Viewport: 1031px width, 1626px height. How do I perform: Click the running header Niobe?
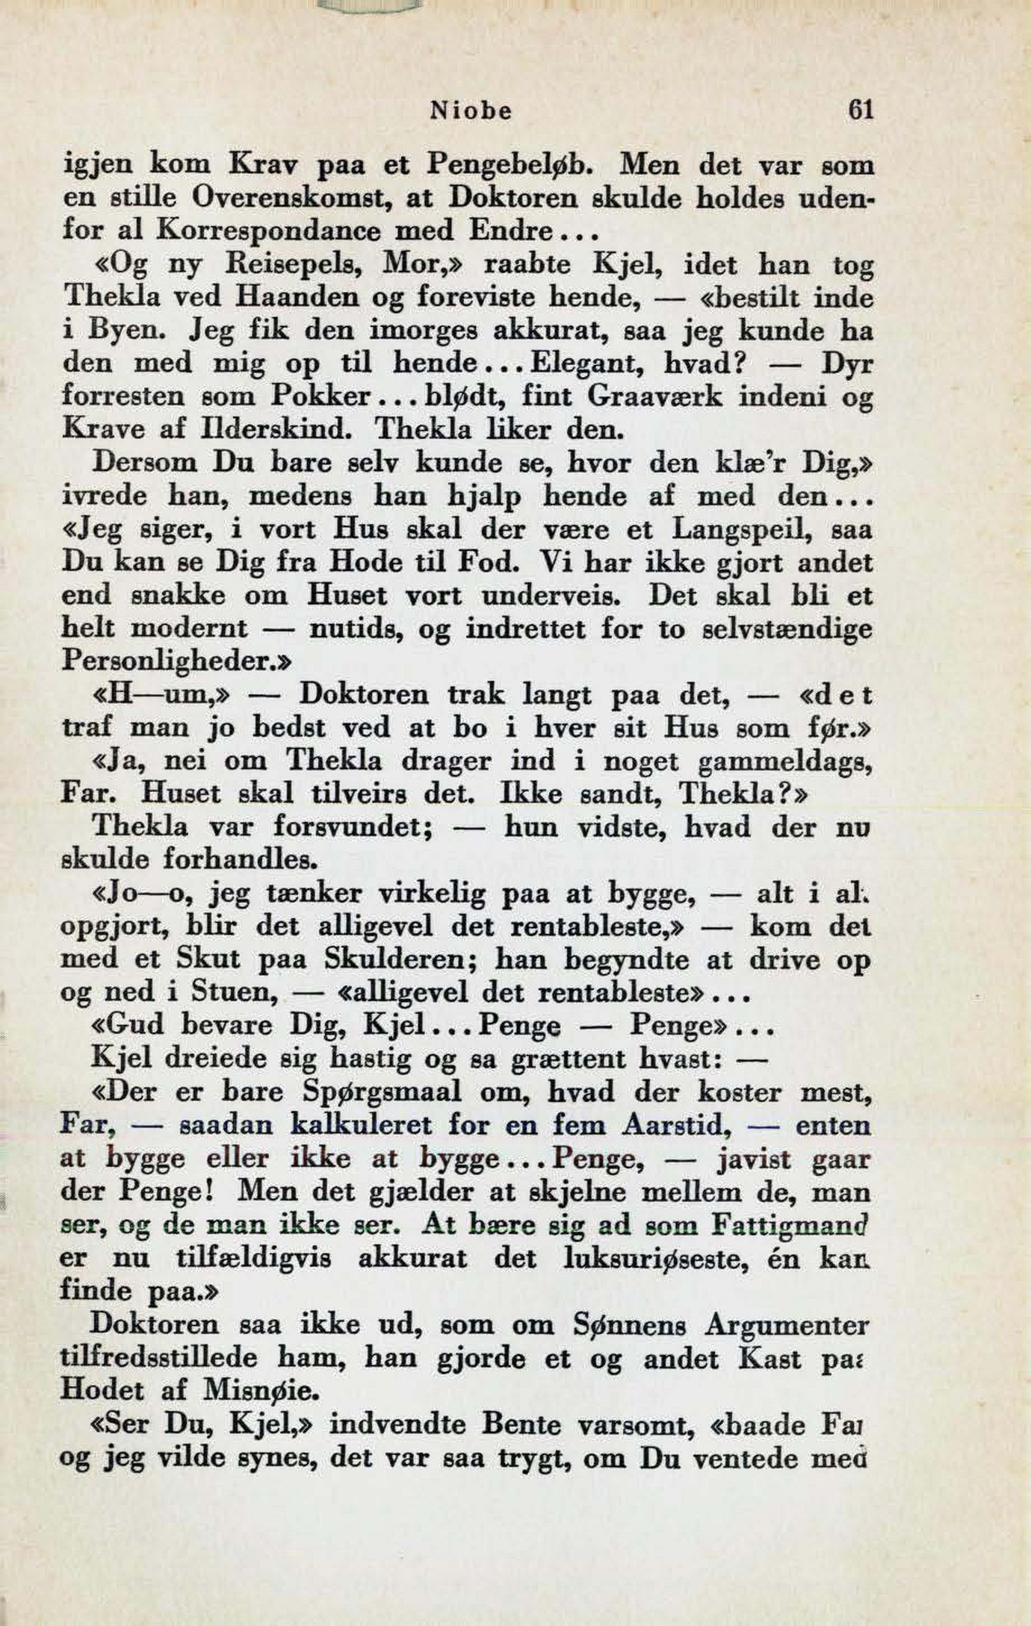[x=471, y=111]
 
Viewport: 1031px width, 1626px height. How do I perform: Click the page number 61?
[x=861, y=110]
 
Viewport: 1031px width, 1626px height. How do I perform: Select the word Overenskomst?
[x=288, y=198]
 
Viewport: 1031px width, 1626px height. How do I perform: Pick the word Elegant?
[x=571, y=364]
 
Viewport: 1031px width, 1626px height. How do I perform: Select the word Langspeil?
[x=738, y=529]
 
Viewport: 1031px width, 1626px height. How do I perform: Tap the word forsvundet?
[x=354, y=826]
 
